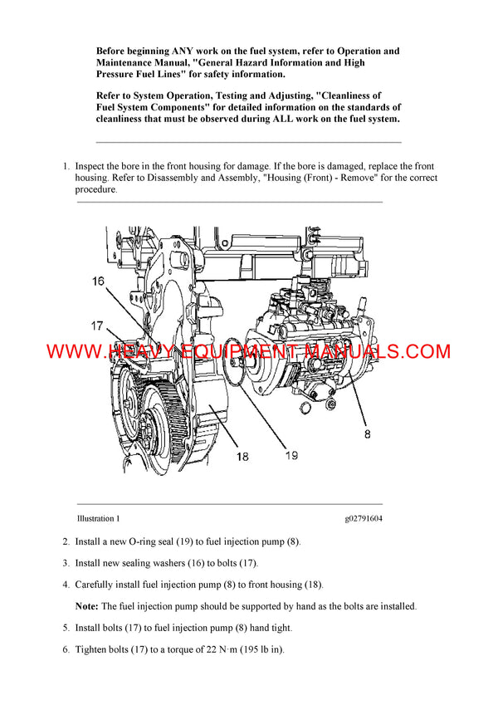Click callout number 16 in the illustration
(x=98, y=282)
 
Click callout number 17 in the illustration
(x=97, y=325)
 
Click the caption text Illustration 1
(x=98, y=519)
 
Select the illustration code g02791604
(x=364, y=519)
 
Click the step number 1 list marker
(x=66, y=167)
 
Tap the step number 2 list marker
(x=66, y=541)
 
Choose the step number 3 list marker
(x=66, y=563)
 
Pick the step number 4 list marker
(x=66, y=585)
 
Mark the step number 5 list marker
(x=66, y=628)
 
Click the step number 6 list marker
(x=66, y=649)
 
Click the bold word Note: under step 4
(x=87, y=606)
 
